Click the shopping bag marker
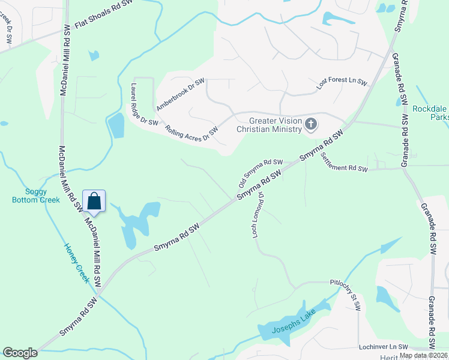(95, 201)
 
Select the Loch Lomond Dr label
(258, 215)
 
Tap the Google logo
(20, 353)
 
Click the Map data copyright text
(423, 355)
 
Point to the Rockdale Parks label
(430, 113)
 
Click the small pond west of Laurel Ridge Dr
(115, 125)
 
